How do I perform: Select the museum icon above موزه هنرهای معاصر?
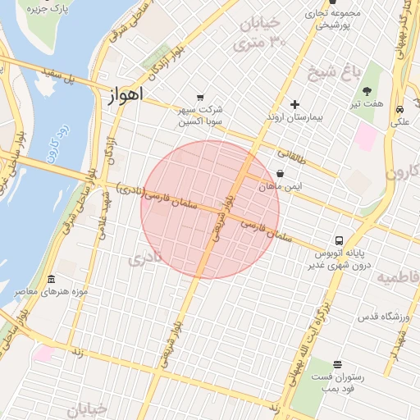pos(52,280)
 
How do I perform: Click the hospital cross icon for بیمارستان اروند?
pos(295,104)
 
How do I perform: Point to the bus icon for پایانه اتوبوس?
pos(339,240)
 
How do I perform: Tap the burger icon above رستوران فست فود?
pos(338,363)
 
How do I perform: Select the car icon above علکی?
pos(399,109)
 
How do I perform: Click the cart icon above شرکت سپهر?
pos(201,97)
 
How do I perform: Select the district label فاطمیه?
pos(399,279)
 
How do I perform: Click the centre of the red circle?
pos(210,209)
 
